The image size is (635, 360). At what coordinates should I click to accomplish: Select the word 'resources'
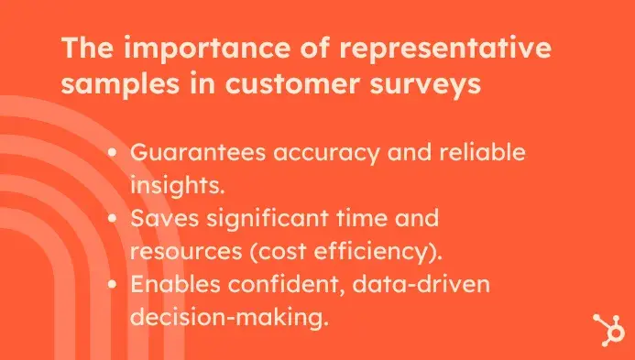tap(179, 251)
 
